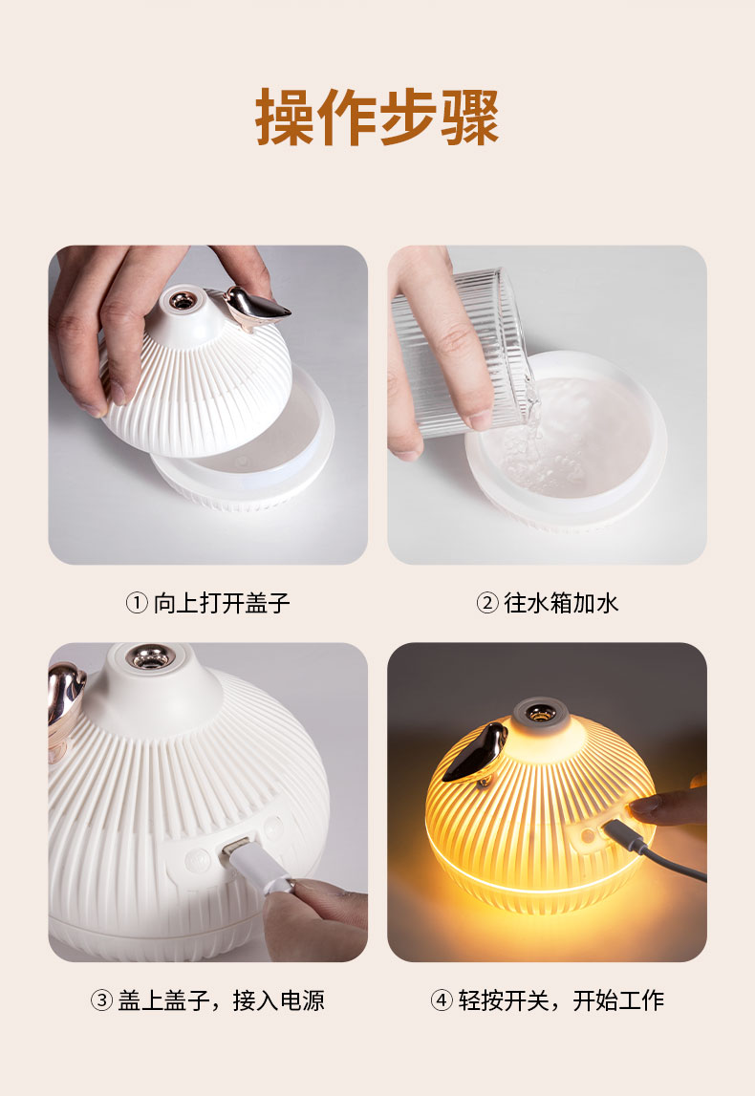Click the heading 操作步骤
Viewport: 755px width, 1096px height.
[377, 118]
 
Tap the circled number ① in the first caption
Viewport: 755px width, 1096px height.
[137, 604]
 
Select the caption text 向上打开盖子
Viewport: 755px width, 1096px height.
[222, 604]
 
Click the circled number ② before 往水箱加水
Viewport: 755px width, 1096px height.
[487, 604]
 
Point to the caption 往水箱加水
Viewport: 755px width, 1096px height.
[562, 604]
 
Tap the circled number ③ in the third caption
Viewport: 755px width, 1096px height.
[102, 1000]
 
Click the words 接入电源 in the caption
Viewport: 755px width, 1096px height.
[279, 1000]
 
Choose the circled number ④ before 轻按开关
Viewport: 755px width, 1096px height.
[441, 1000]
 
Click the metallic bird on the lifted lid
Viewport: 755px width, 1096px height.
[254, 307]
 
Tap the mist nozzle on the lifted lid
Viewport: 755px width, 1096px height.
[180, 302]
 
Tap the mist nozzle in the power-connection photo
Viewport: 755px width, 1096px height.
[151, 659]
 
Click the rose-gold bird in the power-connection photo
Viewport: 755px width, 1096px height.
[65, 693]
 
